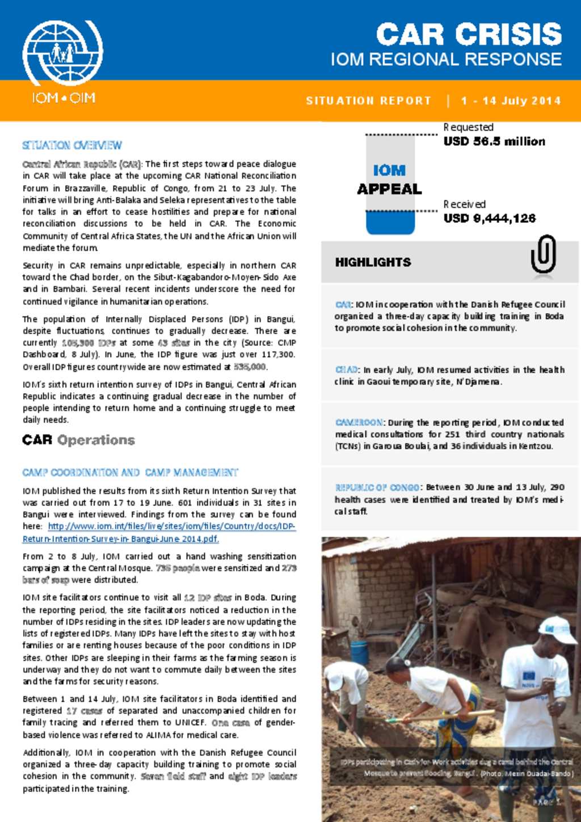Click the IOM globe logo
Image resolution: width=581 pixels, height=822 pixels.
(x=62, y=53)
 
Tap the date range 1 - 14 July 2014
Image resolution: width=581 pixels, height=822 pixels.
(x=511, y=101)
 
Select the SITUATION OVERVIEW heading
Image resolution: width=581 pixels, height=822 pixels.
(x=72, y=145)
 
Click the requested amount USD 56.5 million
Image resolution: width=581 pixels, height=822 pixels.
(x=494, y=141)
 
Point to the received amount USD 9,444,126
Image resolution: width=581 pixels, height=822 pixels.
(x=489, y=218)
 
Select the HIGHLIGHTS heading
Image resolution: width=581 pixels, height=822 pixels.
(x=373, y=262)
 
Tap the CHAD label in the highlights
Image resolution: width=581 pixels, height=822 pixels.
(x=346, y=370)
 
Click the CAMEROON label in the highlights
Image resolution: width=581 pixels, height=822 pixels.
(x=359, y=423)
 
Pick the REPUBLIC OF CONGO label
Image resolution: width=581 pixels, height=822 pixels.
(x=377, y=487)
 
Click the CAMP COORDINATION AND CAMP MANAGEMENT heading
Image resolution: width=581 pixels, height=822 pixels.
(x=130, y=473)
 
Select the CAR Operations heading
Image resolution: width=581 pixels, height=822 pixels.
(x=78, y=440)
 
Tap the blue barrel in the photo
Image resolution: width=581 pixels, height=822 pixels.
(x=359, y=652)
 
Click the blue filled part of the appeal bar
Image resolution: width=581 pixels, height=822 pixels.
(x=390, y=223)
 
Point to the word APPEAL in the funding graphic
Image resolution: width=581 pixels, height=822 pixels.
(x=389, y=189)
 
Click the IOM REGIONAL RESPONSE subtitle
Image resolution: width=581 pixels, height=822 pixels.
(x=446, y=60)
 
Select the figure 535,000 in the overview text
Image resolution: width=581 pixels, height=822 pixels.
(x=250, y=367)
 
